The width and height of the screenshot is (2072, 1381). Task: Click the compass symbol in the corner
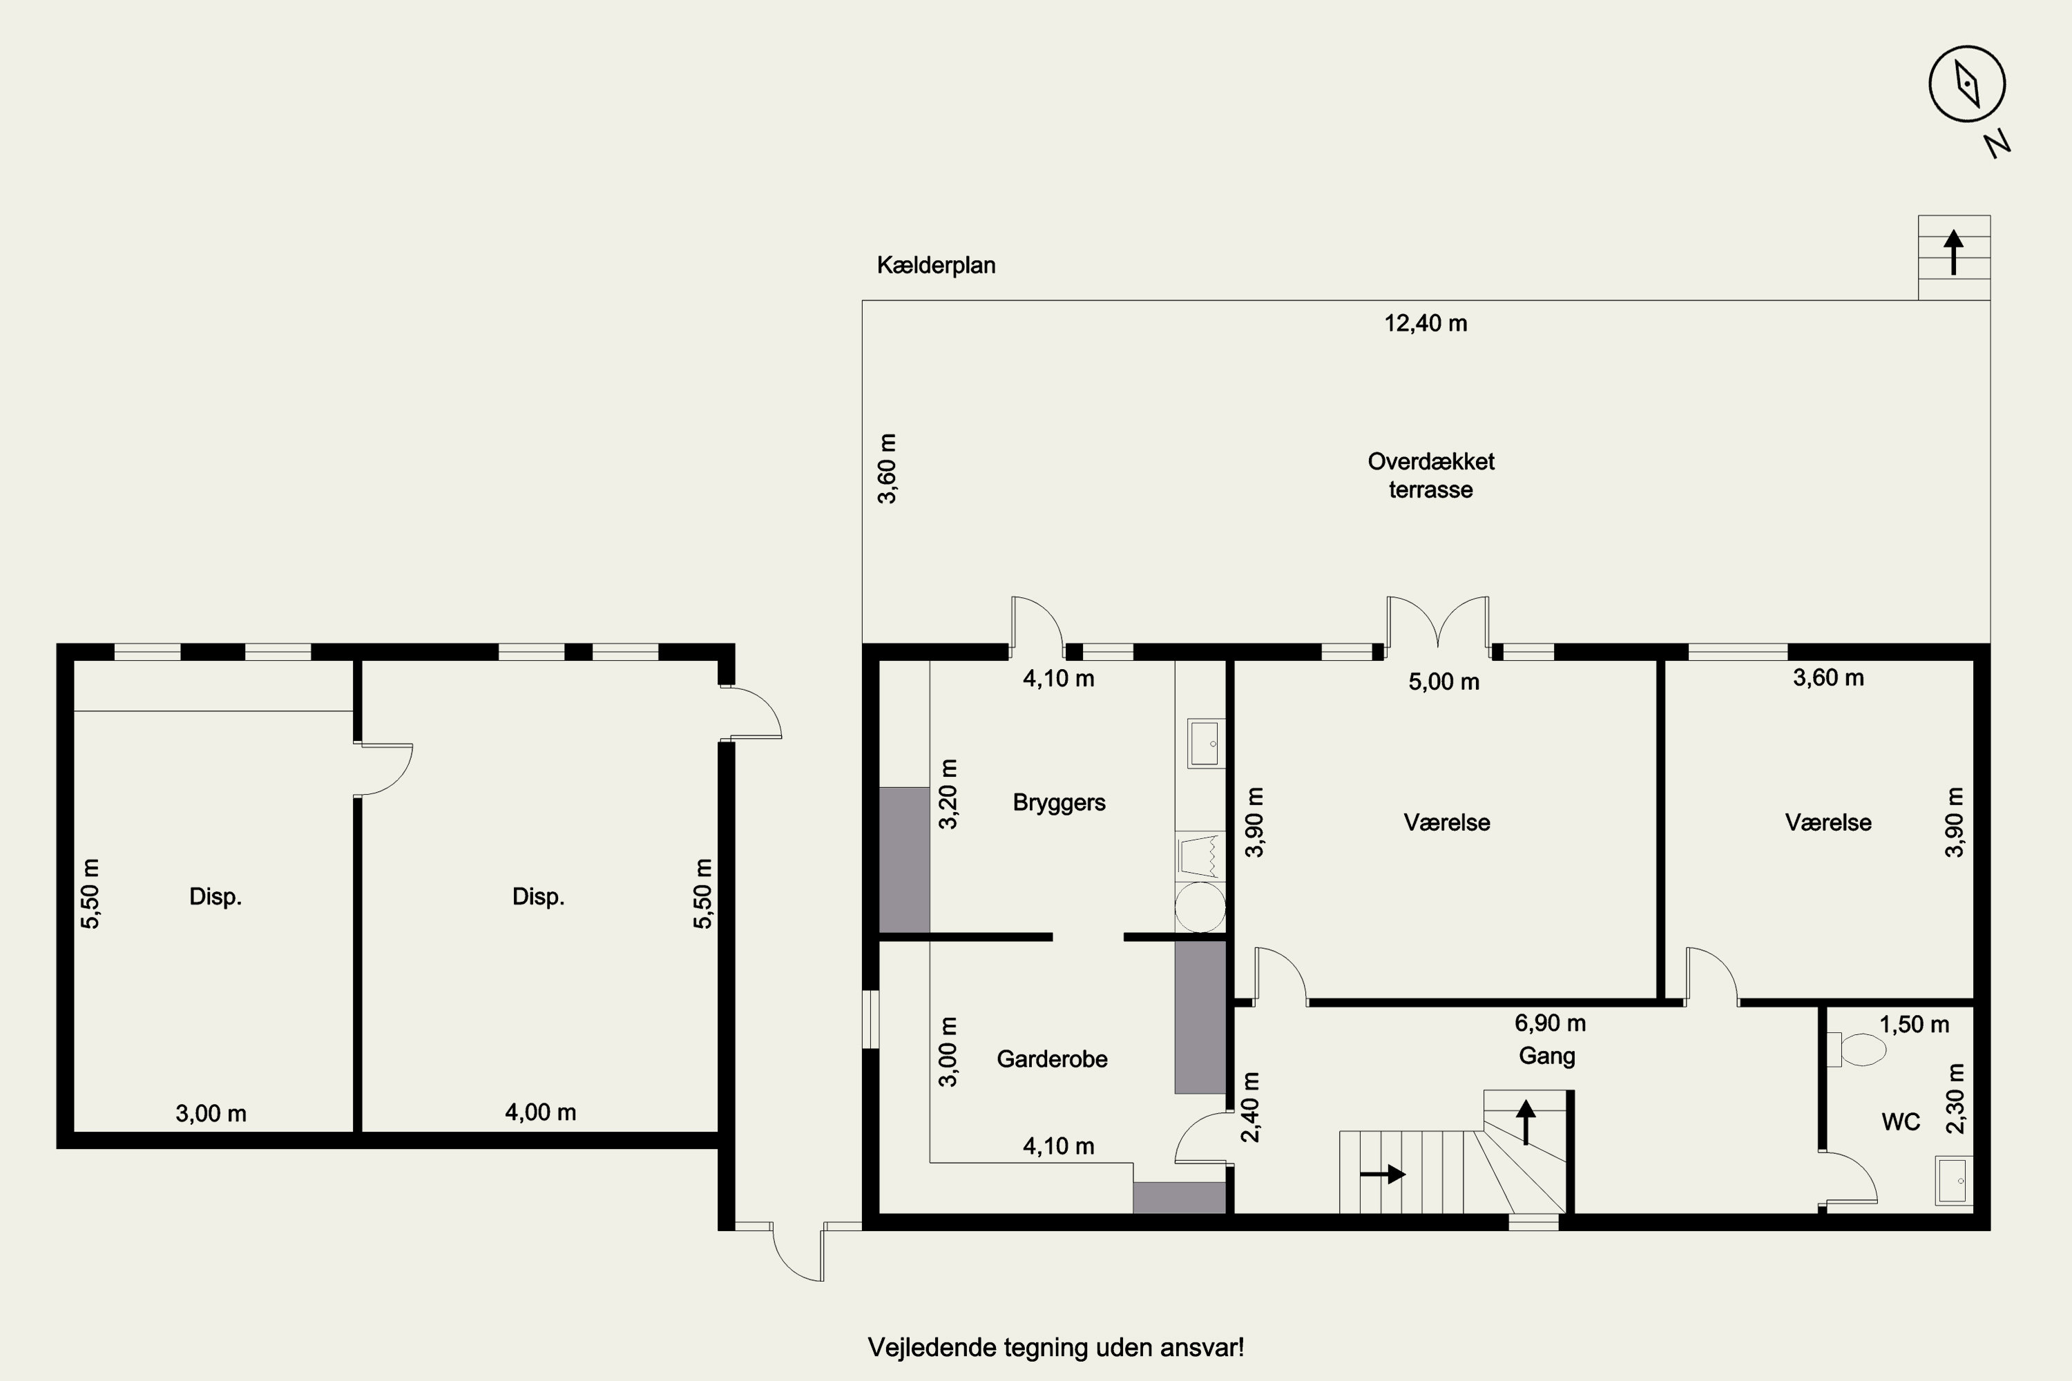[1967, 84]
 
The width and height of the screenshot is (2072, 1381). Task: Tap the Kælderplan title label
[936, 265]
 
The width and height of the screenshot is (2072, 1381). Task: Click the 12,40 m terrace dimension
[1426, 323]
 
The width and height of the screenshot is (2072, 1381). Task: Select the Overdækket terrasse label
[1430, 476]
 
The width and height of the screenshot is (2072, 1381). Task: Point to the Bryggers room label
[1059, 803]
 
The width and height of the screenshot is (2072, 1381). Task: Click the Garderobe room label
[1052, 1059]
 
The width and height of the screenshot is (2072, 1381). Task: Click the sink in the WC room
[1954, 1180]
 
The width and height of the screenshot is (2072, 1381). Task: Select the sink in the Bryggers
[1205, 744]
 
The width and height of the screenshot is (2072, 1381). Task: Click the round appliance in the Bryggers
[1200, 906]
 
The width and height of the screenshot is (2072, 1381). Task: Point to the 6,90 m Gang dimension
[1550, 1023]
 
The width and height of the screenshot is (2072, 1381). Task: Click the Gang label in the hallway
[1547, 1056]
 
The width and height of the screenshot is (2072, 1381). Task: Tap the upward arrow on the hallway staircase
[1526, 1122]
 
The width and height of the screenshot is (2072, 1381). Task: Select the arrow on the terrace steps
[1953, 252]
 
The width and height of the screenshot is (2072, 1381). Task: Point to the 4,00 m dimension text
[540, 1112]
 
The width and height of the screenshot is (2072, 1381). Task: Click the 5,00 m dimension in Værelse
[1444, 682]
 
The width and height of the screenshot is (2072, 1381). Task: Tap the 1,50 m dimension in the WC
[1915, 1024]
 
